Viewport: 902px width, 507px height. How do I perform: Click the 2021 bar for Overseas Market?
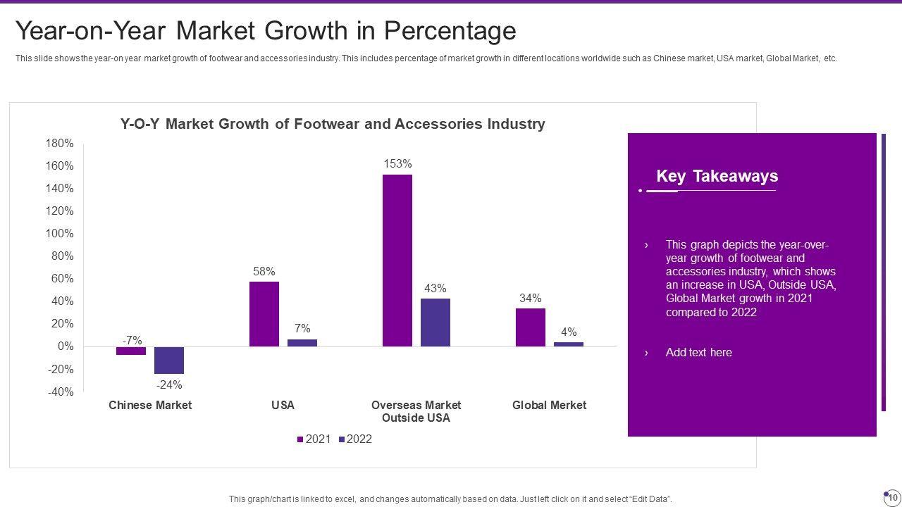point(397,261)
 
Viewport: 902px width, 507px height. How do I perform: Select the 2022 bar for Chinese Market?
point(169,360)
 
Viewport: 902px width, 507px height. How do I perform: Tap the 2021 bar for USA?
point(264,314)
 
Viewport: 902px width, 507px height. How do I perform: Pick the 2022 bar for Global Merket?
point(569,344)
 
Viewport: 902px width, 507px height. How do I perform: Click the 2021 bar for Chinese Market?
point(131,351)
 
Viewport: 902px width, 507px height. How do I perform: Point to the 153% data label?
point(397,164)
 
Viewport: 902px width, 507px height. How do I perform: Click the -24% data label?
point(169,384)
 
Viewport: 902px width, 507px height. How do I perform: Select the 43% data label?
point(435,288)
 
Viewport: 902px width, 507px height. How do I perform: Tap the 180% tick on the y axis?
point(60,144)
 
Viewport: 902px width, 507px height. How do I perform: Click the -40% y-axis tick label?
point(60,392)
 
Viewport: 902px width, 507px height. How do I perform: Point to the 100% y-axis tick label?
point(60,234)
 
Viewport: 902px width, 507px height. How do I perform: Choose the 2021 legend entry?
point(314,439)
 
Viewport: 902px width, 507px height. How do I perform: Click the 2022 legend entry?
point(355,439)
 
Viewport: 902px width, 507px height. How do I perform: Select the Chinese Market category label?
point(150,406)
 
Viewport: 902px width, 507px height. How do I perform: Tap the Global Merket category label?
point(549,406)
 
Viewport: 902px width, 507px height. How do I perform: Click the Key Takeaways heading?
point(717,176)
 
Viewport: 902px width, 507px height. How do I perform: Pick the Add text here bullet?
point(698,353)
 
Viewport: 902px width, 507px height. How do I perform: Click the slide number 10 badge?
point(892,497)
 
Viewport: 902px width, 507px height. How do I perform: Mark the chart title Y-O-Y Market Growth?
point(333,125)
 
